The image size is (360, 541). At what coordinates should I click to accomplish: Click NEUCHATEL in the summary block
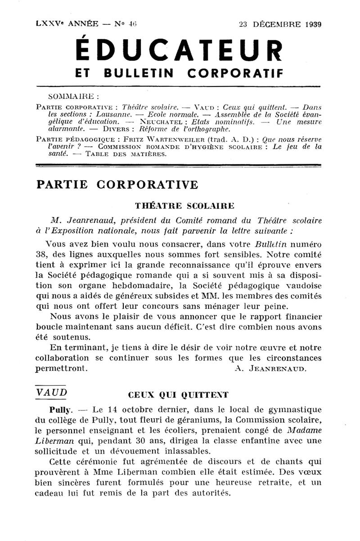tap(155, 122)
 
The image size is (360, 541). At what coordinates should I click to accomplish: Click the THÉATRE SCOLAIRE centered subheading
tap(184, 206)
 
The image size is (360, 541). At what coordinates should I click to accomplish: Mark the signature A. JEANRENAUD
tap(271, 368)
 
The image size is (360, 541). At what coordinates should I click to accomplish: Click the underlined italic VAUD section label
tap(51, 392)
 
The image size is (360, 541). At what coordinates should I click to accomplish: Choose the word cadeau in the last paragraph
tap(50, 492)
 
